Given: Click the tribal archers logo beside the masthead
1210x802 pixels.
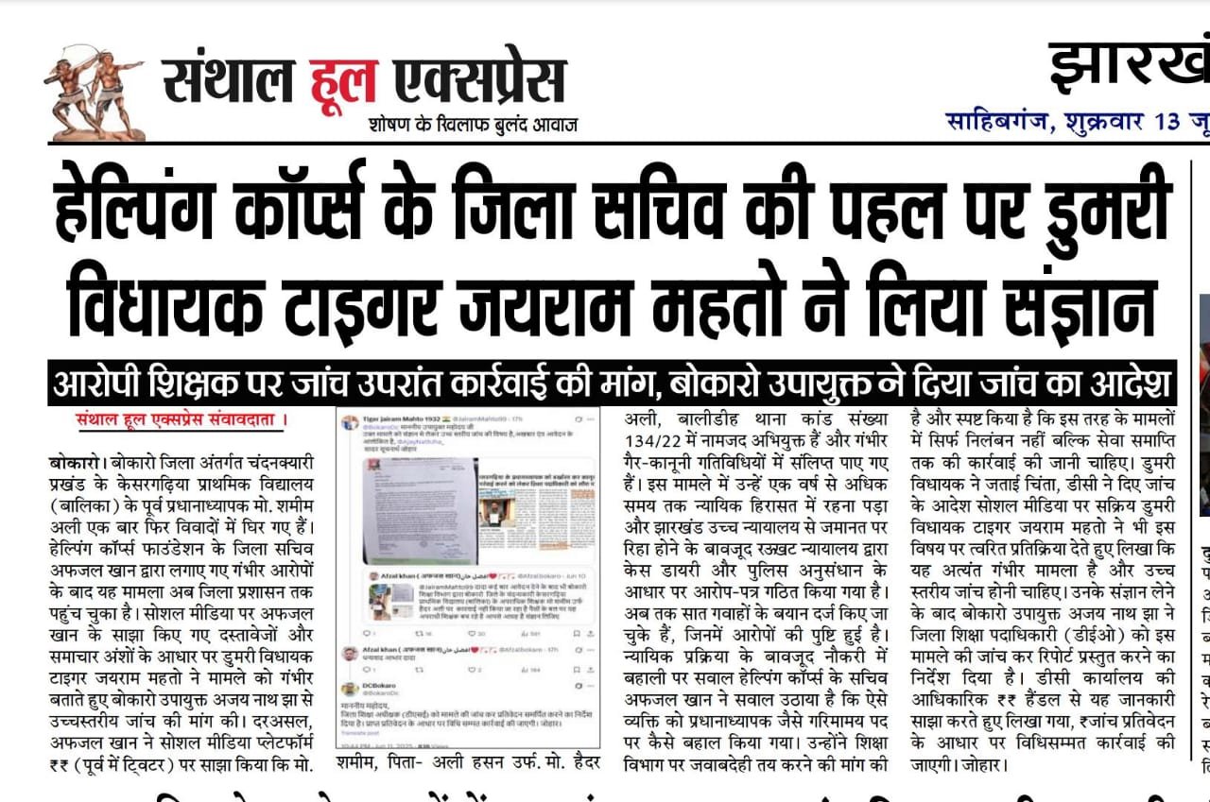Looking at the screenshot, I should [92, 92].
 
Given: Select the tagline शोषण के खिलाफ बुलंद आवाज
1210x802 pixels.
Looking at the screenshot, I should [474, 125].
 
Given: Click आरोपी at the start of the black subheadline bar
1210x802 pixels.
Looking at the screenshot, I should [99, 384].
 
